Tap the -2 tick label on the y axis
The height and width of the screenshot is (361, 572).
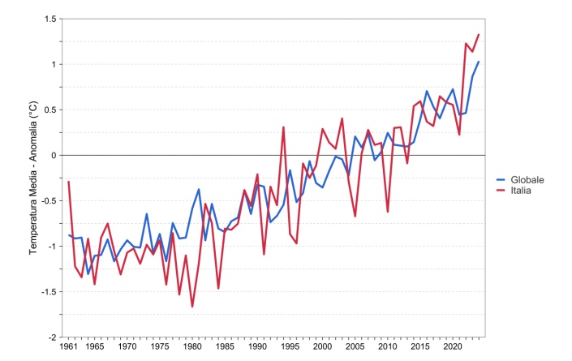(x=52, y=337)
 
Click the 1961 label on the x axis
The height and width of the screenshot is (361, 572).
(x=69, y=347)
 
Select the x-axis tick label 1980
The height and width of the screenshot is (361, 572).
(x=192, y=347)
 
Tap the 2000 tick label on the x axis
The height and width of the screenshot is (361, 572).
(x=322, y=347)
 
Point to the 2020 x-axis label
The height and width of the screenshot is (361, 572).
(x=452, y=347)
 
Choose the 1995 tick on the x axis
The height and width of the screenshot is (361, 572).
(x=290, y=347)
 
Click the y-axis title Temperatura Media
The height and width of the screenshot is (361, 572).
(x=33, y=178)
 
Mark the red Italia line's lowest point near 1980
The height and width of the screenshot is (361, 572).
(x=192, y=307)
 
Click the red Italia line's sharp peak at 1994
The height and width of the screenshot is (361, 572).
(x=283, y=127)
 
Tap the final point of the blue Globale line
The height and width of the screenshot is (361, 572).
(x=479, y=62)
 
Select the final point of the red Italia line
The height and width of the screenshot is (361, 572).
(x=479, y=35)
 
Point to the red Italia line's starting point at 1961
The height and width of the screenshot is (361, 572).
(x=69, y=182)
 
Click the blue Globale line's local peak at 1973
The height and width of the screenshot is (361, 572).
(x=147, y=214)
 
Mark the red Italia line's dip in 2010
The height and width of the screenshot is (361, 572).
(x=388, y=212)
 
